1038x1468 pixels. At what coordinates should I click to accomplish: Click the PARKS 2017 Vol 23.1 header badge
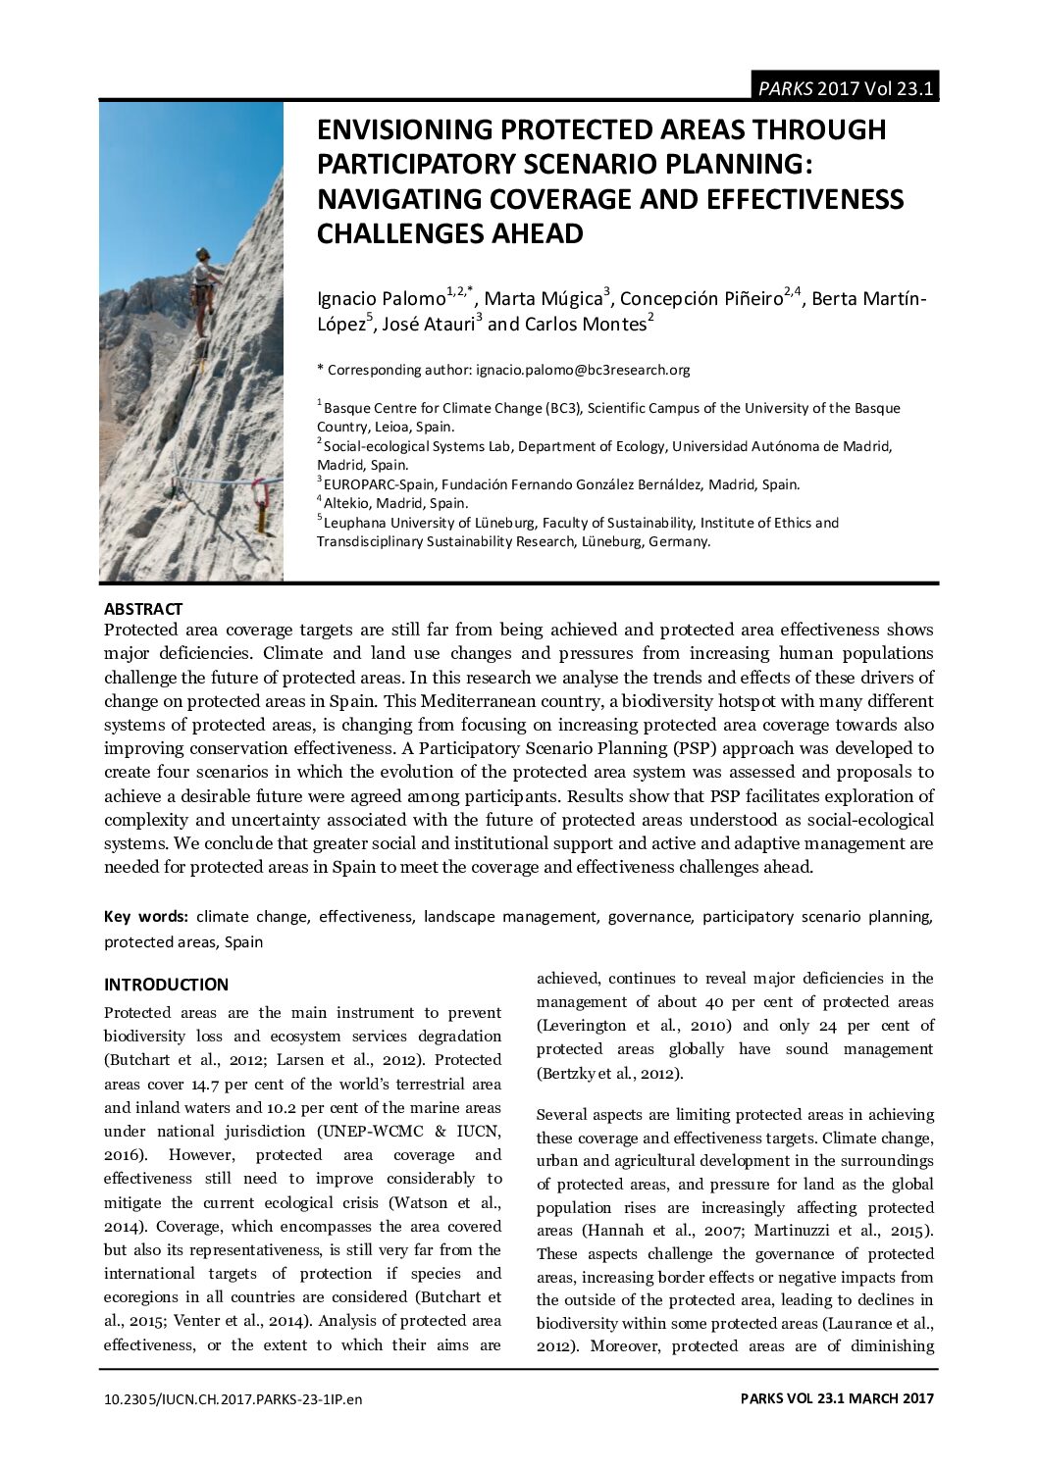(x=845, y=88)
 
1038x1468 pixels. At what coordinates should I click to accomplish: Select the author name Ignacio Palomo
(x=381, y=299)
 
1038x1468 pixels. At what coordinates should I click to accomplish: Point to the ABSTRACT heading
(x=143, y=609)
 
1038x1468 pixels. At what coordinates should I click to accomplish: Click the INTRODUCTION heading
(x=166, y=985)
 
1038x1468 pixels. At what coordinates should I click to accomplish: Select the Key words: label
(x=146, y=917)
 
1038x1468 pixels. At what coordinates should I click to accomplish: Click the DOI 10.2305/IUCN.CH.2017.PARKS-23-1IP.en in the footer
(x=233, y=1399)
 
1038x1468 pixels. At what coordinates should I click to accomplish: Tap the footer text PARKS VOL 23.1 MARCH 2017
(x=837, y=1399)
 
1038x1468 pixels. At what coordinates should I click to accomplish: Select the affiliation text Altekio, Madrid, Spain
(x=395, y=504)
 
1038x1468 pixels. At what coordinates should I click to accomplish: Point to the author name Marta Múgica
(x=544, y=299)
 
